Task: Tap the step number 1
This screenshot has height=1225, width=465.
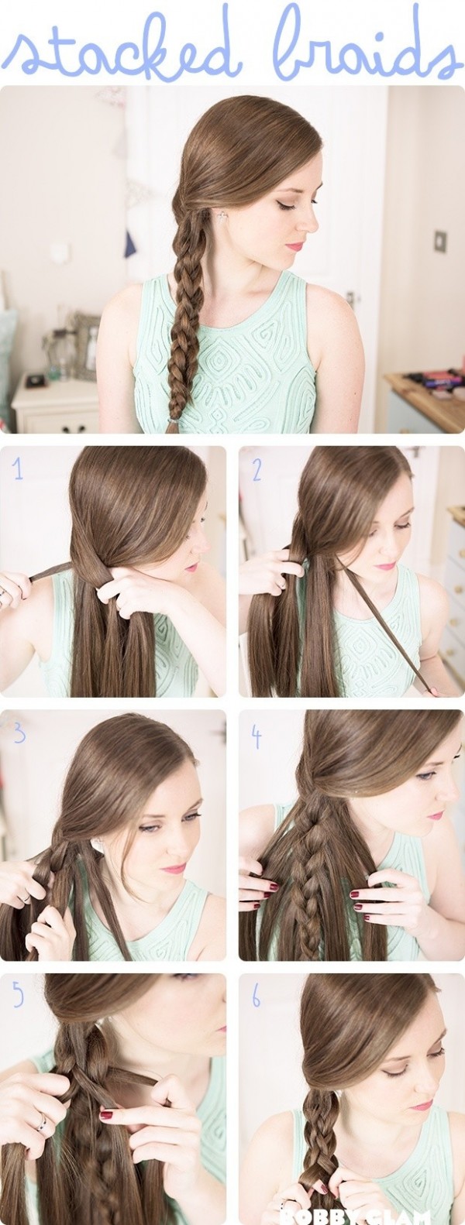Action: tap(17, 468)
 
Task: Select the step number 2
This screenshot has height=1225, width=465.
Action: tap(257, 469)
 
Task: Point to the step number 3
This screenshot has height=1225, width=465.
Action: tap(19, 732)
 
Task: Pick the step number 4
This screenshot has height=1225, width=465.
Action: tap(257, 736)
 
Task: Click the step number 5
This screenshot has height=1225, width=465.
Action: tap(17, 996)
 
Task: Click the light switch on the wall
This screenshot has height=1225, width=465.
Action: tap(439, 239)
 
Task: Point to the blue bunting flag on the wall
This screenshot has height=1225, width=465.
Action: tap(130, 243)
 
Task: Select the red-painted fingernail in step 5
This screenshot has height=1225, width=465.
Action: tap(106, 1116)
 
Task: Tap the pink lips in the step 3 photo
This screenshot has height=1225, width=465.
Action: tap(174, 868)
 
